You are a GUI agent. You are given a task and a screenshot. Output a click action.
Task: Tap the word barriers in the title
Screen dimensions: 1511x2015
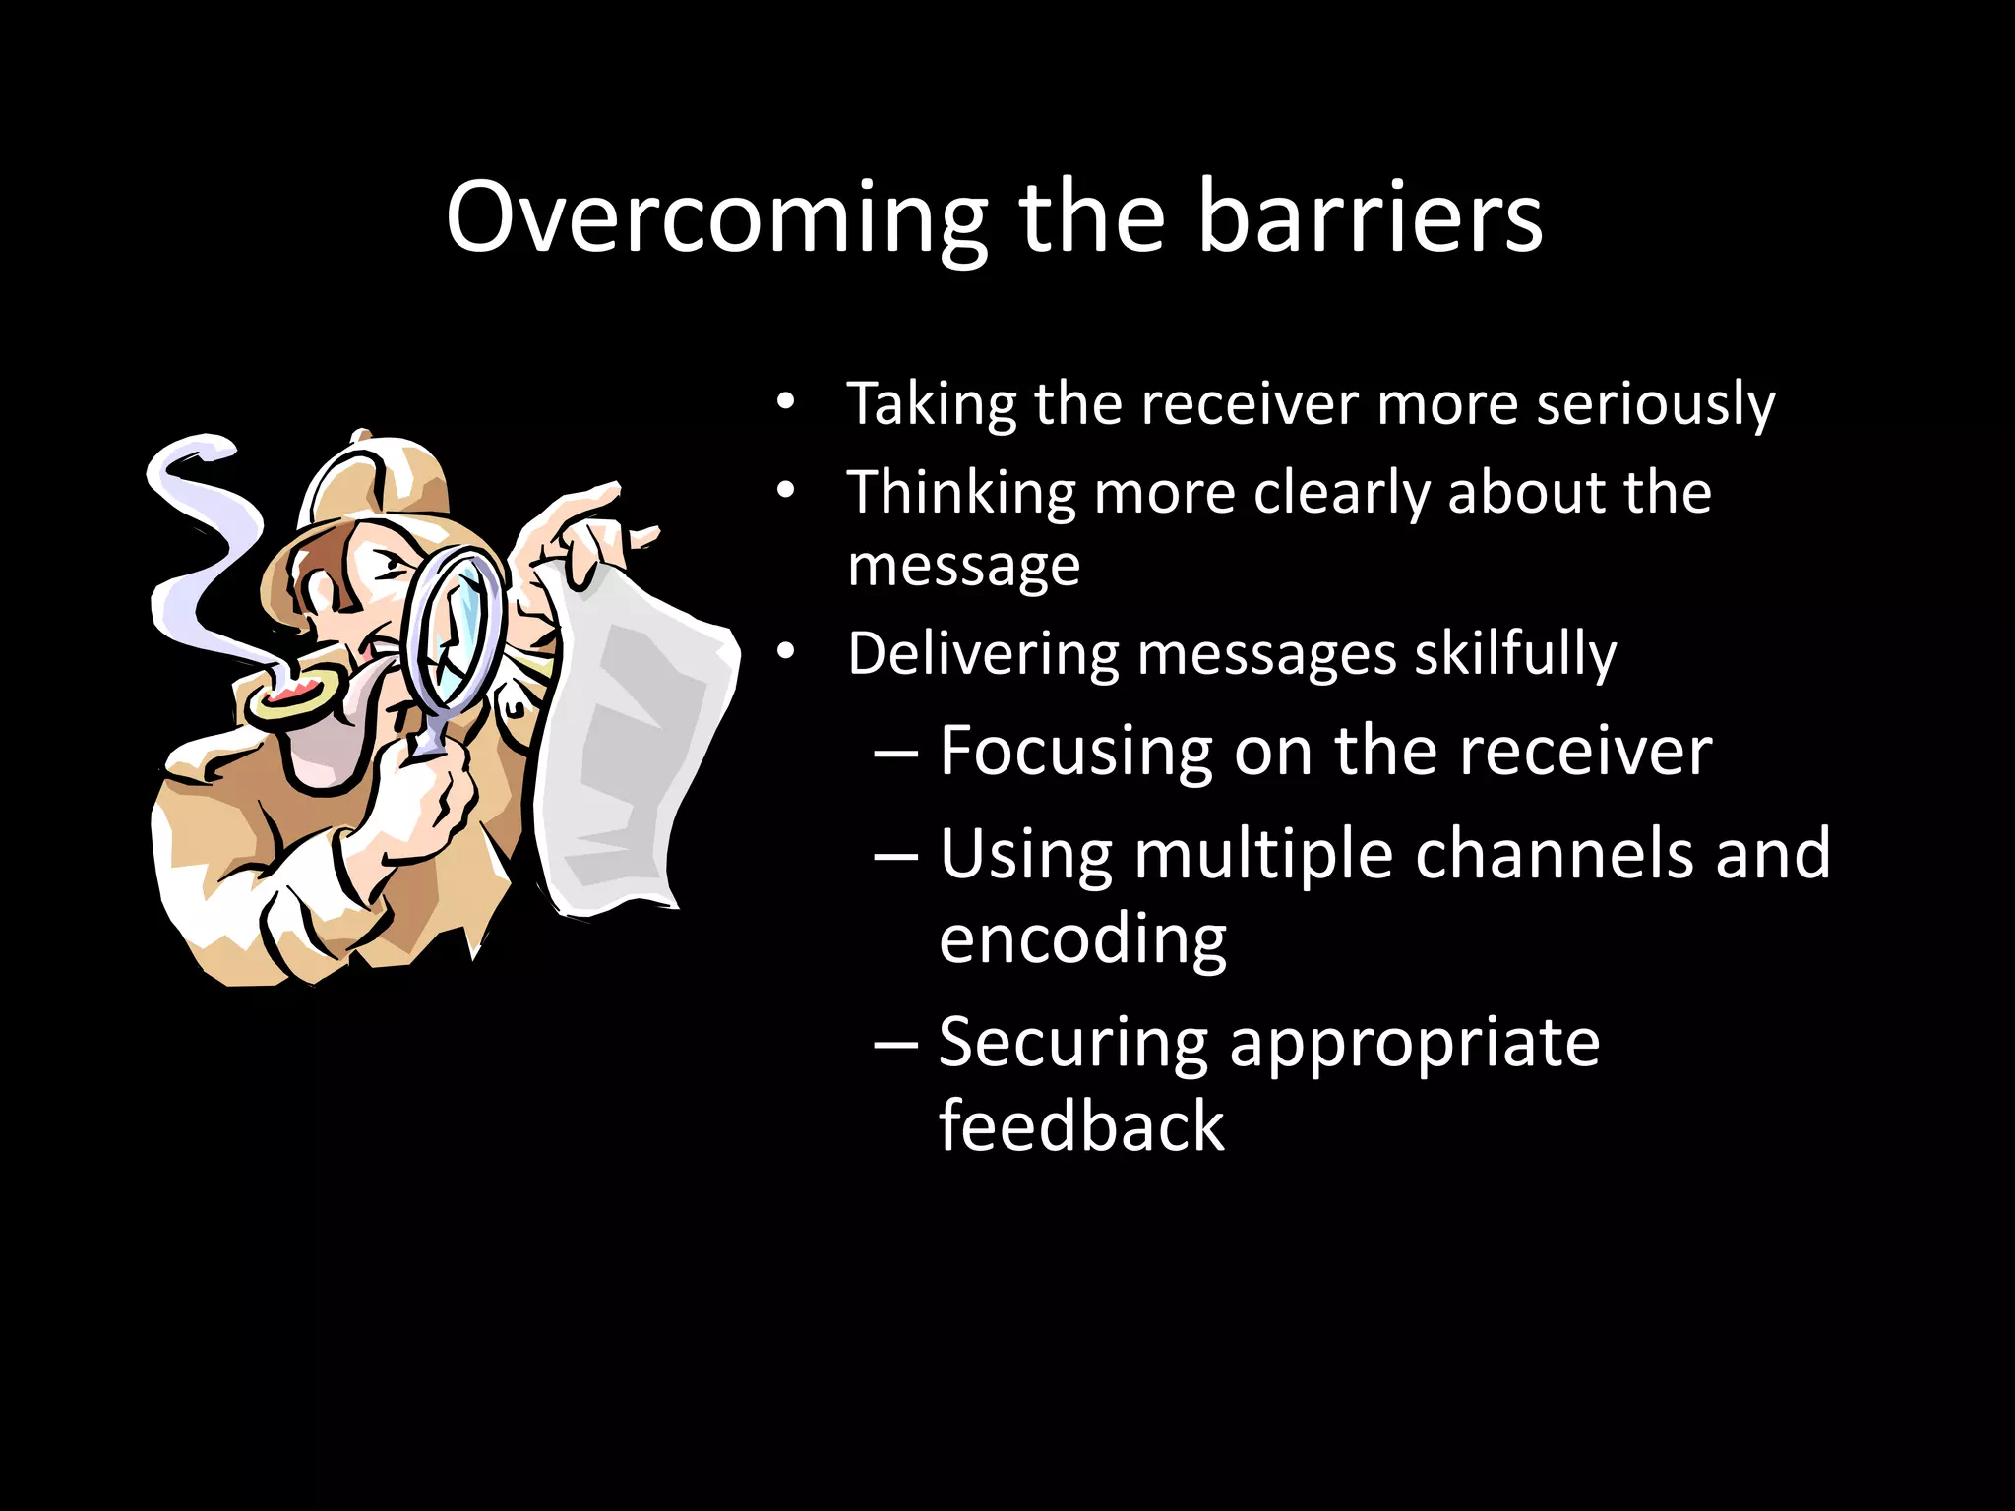click(1370, 218)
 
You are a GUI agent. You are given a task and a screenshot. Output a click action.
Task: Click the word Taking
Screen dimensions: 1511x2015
click(931, 404)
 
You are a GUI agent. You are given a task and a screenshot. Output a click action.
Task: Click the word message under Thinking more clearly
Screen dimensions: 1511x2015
click(963, 566)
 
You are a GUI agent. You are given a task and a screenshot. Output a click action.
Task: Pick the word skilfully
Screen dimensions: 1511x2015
click(1515, 654)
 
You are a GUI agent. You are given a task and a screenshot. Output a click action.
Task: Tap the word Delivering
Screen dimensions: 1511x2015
click(984, 654)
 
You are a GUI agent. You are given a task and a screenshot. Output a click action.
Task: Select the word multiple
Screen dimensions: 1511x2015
click(1263, 854)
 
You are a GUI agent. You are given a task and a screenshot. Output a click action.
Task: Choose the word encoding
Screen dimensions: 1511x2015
click(1082, 939)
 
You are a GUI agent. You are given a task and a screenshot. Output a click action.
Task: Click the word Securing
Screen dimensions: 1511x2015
click(1072, 1043)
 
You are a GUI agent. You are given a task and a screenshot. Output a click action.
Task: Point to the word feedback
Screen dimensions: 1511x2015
click(1080, 1126)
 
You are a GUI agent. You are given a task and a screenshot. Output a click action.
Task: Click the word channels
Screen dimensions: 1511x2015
click(1554, 854)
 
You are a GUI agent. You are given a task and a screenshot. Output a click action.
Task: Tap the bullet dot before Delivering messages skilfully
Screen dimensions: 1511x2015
click(784, 652)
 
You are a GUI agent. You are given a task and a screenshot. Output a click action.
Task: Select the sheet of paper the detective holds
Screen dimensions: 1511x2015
click(640, 748)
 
